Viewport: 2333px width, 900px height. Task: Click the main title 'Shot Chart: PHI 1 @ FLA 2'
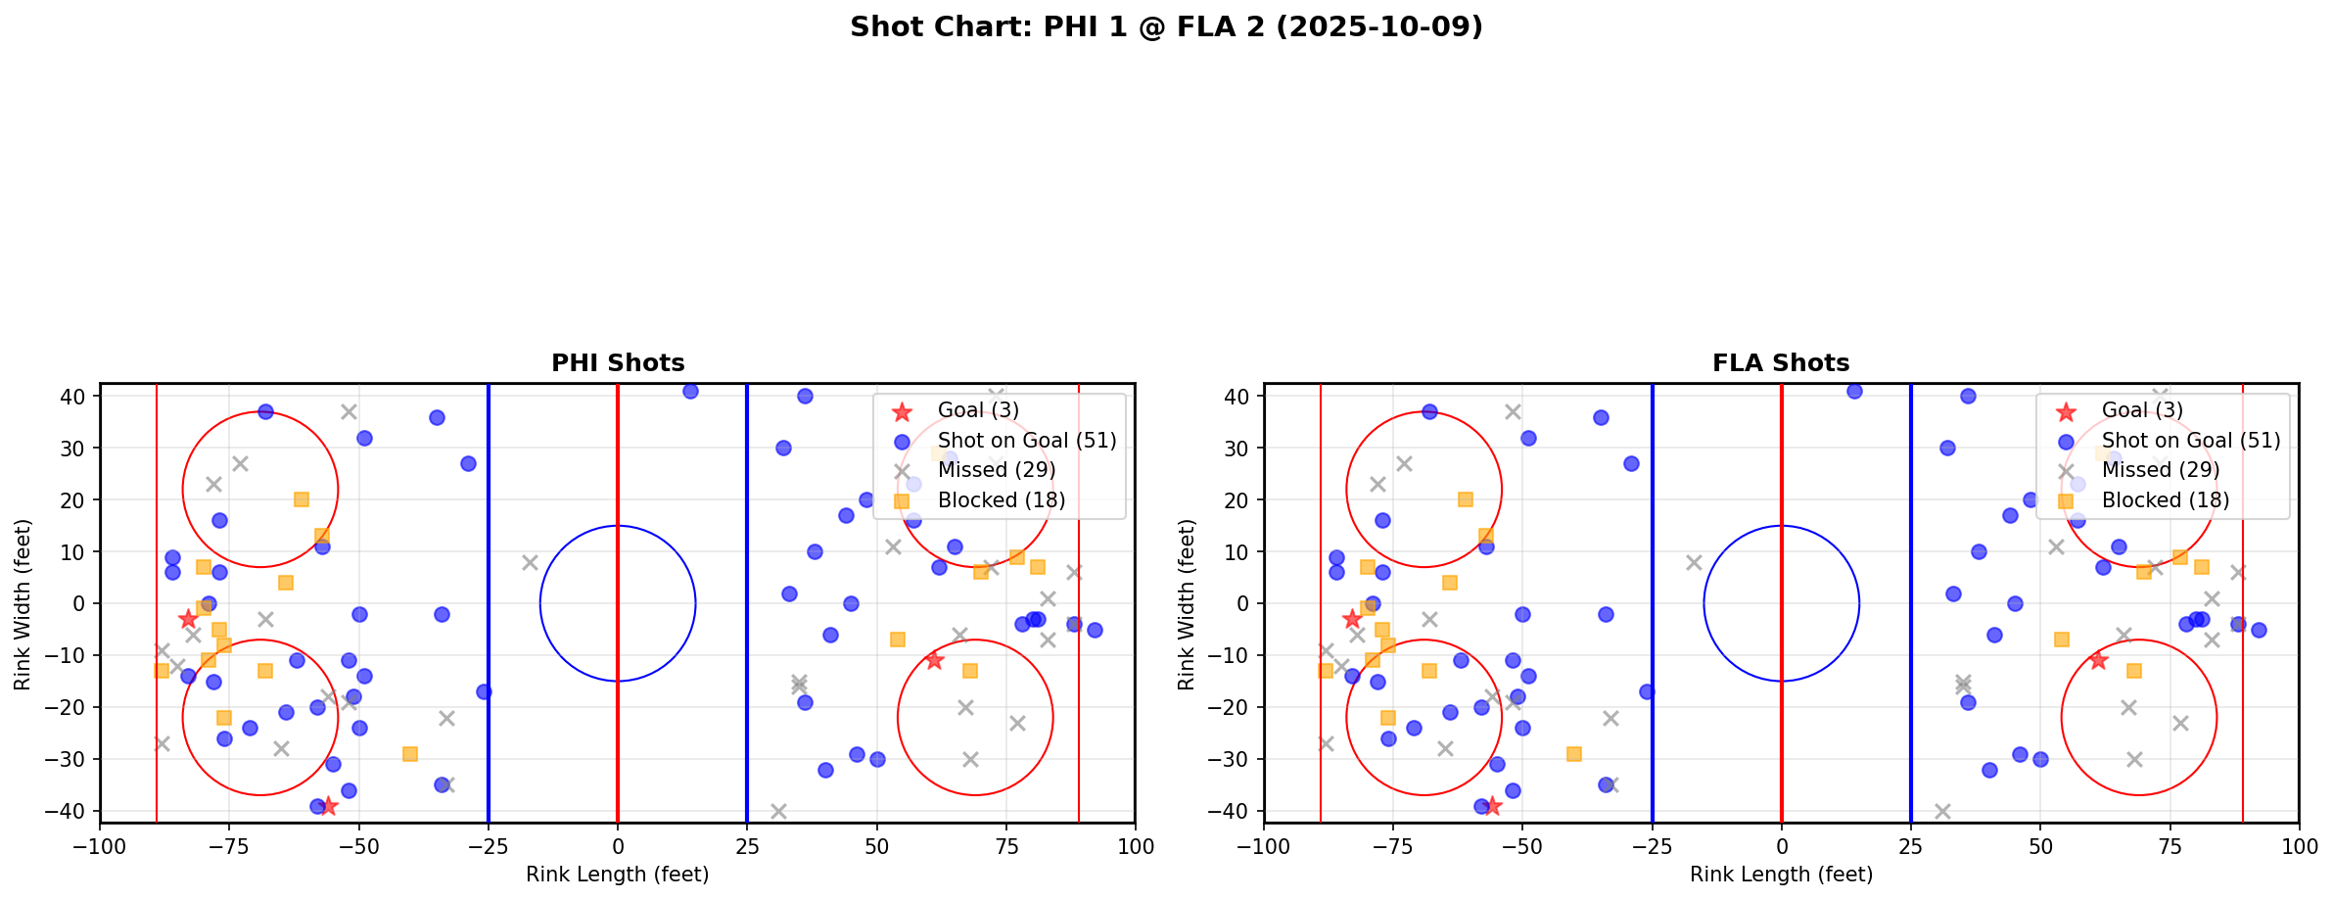(1166, 27)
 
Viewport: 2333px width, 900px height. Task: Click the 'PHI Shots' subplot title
(618, 363)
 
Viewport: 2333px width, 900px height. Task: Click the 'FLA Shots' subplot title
(1781, 363)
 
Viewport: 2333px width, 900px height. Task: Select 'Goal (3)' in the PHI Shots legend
(978, 410)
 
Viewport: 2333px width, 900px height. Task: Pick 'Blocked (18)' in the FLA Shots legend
(2166, 500)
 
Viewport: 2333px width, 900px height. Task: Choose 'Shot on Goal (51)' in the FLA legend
(2190, 441)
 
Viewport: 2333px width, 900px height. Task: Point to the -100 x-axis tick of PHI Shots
(100, 846)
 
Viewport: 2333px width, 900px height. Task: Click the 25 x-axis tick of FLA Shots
(1910, 846)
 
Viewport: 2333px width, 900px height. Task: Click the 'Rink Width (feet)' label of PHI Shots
(23, 603)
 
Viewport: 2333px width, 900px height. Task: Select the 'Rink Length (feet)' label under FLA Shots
(1781, 875)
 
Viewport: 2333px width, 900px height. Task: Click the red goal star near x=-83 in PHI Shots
(188, 619)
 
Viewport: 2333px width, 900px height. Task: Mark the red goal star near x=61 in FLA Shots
(2097, 660)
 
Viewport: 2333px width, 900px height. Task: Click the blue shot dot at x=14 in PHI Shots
(690, 391)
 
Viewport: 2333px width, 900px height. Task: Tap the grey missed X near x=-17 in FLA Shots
(1694, 562)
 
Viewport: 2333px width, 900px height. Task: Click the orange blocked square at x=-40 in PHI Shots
(410, 754)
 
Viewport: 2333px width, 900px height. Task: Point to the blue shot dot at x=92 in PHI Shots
(1095, 630)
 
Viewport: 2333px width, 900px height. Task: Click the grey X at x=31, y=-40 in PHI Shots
(778, 811)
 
